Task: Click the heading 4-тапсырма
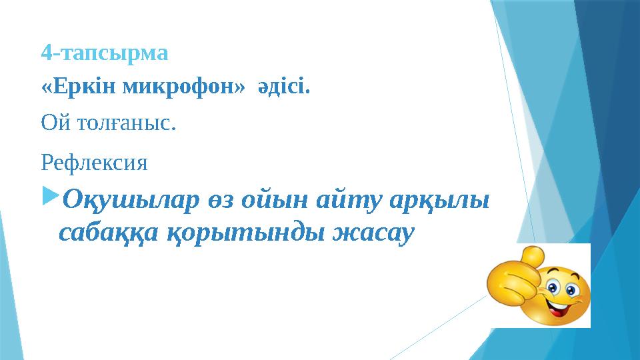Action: (105, 51)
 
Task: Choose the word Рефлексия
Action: (95, 161)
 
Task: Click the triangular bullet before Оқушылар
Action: (50, 199)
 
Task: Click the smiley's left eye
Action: (553, 287)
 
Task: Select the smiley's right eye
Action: (572, 289)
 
